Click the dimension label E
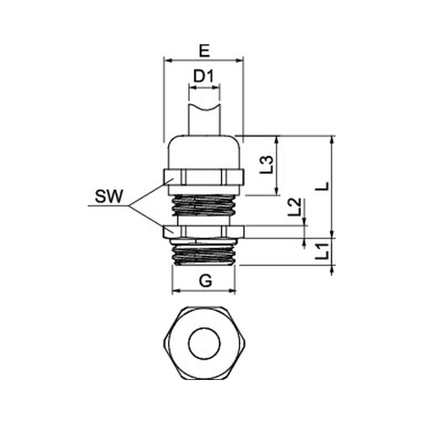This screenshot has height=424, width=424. tap(204, 51)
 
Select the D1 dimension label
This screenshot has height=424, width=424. tap(204, 76)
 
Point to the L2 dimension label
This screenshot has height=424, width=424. tap(294, 207)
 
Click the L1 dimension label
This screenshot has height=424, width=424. tap(322, 251)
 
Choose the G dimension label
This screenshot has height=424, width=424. tap(206, 281)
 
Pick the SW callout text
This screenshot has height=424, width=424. tap(109, 196)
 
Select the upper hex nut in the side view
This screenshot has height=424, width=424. tap(204, 177)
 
